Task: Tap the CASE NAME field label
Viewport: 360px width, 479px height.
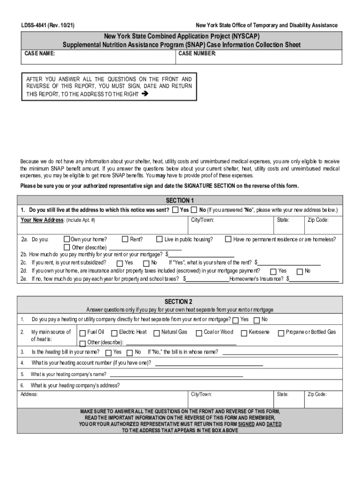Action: [x=40, y=54]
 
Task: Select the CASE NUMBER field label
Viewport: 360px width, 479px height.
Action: [x=197, y=54]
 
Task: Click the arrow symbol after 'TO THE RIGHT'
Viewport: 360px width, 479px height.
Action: [x=144, y=94]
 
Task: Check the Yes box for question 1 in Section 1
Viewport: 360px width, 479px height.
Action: [x=175, y=210]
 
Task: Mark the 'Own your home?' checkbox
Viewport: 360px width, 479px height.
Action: [x=67, y=239]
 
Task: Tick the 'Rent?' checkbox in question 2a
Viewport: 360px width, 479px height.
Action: [x=125, y=239]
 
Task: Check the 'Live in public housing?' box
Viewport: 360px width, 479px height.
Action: [x=159, y=239]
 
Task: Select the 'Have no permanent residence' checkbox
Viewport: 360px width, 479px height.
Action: [x=228, y=239]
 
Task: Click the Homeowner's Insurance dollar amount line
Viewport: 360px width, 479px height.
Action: [x=314, y=280]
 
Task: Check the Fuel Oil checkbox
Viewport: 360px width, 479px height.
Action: [x=83, y=333]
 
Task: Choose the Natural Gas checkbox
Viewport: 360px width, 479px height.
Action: [x=157, y=333]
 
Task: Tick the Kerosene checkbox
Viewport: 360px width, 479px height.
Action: [x=244, y=333]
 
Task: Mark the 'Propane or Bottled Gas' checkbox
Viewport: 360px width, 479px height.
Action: [x=281, y=333]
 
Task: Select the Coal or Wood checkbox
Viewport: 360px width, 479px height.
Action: [x=199, y=333]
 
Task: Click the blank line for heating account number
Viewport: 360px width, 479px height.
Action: [x=209, y=364]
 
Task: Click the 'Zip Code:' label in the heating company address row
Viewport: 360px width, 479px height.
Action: [x=317, y=394]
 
